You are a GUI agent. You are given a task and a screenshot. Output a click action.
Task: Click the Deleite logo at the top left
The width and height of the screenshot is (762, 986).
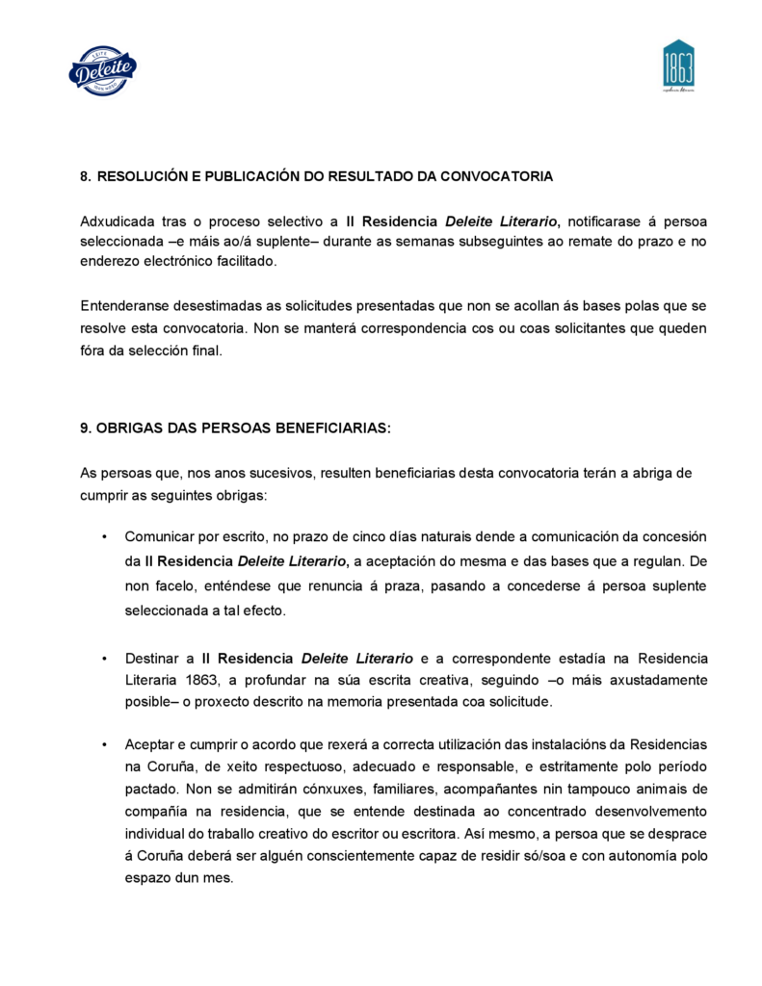pos(102,69)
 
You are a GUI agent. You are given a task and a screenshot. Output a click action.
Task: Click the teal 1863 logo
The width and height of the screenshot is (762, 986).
pos(678,65)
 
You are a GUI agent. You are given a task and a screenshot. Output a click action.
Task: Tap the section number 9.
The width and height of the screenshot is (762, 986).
pos(84,428)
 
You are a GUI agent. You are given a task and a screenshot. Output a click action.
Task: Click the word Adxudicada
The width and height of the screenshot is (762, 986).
pos(117,222)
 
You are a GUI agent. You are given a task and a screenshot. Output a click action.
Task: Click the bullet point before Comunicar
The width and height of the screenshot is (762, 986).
pos(103,536)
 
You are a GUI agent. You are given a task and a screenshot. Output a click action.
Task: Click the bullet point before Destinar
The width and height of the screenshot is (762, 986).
pos(103,659)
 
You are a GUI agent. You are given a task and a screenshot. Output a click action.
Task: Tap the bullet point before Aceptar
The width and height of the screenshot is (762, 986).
pos(103,745)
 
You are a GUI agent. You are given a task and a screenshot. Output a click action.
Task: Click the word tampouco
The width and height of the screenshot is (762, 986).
pos(585,788)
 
